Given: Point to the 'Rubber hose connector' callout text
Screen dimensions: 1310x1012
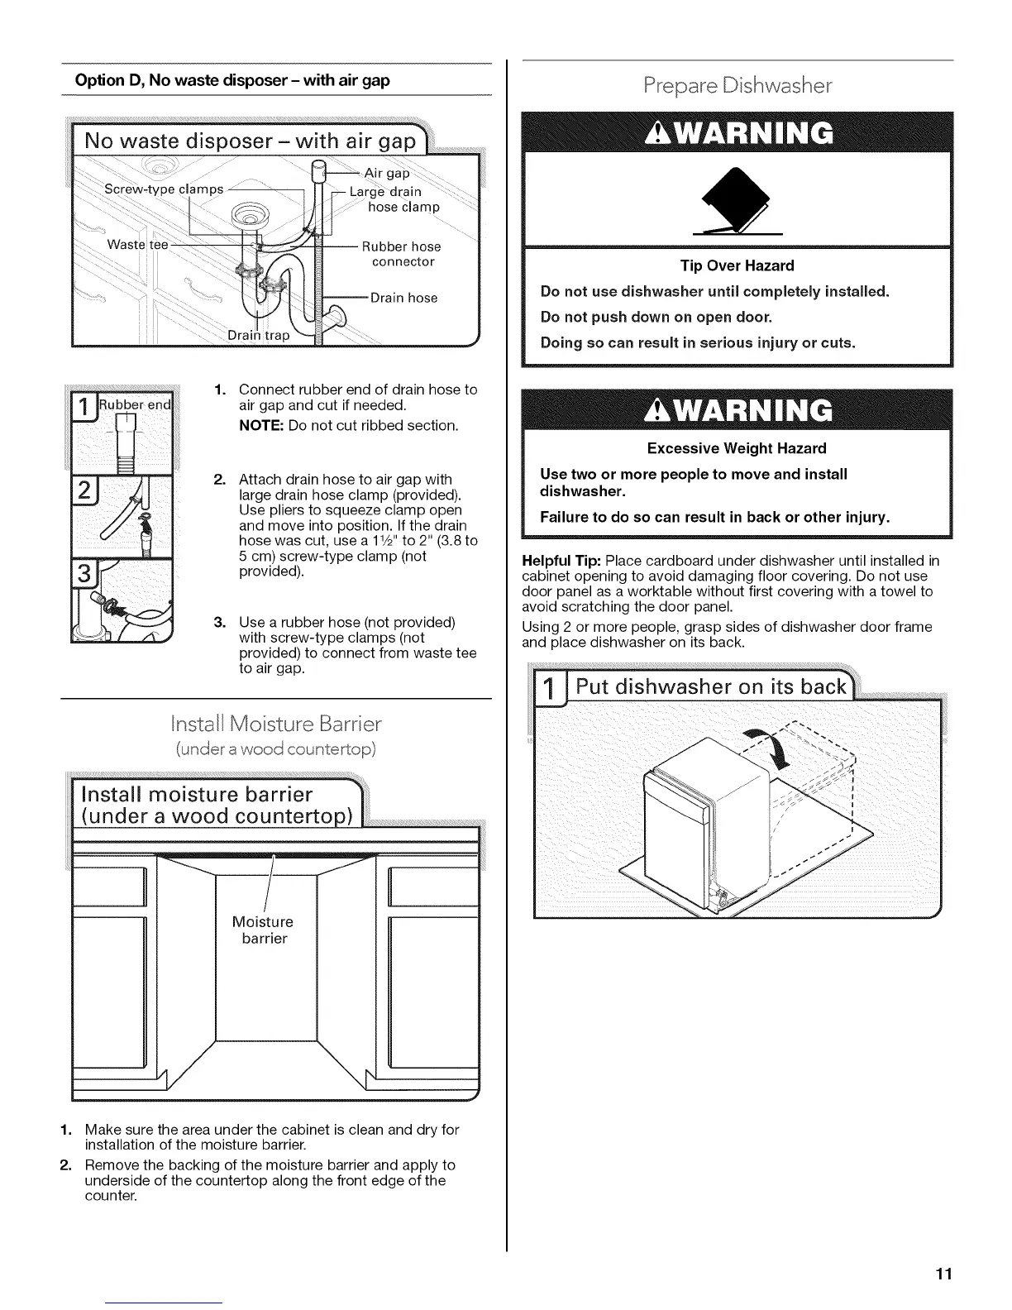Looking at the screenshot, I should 403,254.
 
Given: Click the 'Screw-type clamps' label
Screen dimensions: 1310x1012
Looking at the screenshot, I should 164,189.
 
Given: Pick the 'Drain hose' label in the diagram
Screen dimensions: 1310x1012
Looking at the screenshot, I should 403,298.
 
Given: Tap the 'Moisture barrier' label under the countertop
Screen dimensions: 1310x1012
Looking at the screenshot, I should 264,930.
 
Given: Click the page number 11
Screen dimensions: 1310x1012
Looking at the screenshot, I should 945,1274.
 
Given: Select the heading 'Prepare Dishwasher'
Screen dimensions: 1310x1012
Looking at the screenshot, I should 738,86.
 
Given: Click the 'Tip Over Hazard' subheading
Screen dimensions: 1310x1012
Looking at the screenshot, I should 737,265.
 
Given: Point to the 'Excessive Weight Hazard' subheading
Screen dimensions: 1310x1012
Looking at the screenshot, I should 737,448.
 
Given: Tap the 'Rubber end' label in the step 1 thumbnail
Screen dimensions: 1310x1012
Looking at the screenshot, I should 136,405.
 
